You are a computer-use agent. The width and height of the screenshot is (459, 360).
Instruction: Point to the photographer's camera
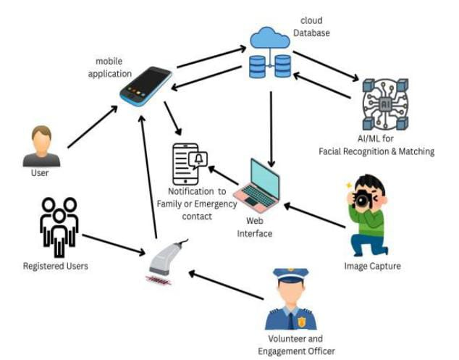(x=363, y=199)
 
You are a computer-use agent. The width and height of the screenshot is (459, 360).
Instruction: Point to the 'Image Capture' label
(x=372, y=267)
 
